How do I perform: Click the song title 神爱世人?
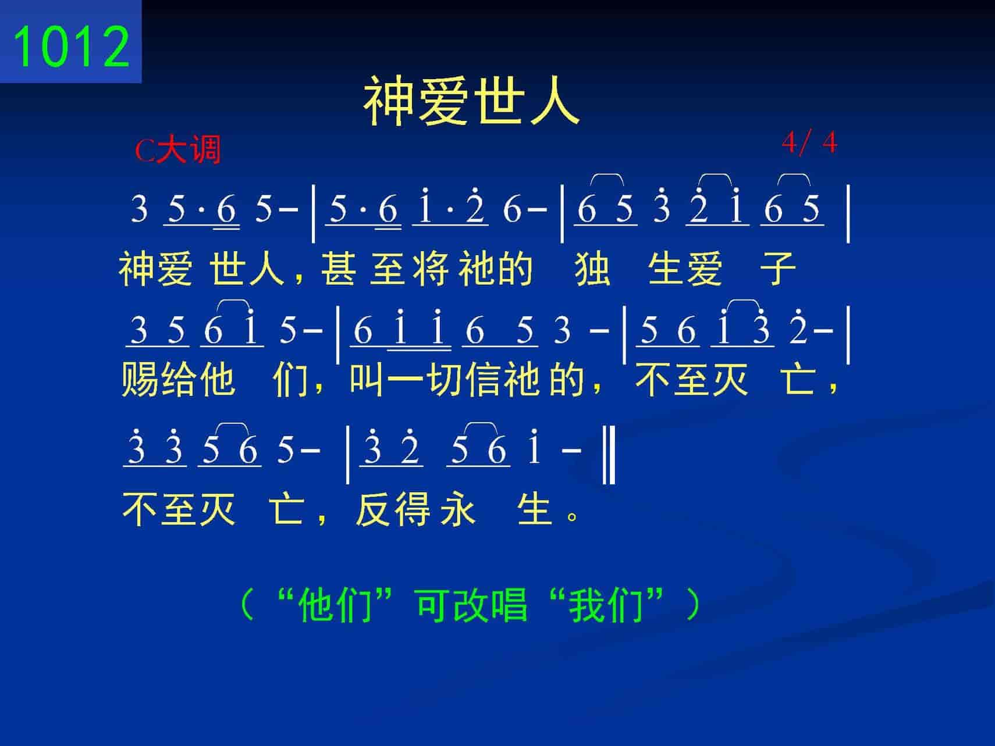pyautogui.click(x=472, y=103)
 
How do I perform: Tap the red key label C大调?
pyautogui.click(x=178, y=151)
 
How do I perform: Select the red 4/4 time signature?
pyautogui.click(x=809, y=142)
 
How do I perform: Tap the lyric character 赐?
pyautogui.click(x=140, y=380)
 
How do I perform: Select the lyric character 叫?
pyautogui.click(x=368, y=380)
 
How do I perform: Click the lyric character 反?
pyautogui.click(x=374, y=509)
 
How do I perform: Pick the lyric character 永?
pyautogui.click(x=458, y=509)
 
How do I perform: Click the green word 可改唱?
pyautogui.click(x=472, y=605)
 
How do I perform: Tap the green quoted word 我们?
pyautogui.click(x=605, y=605)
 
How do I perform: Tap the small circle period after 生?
pyautogui.click(x=573, y=517)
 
